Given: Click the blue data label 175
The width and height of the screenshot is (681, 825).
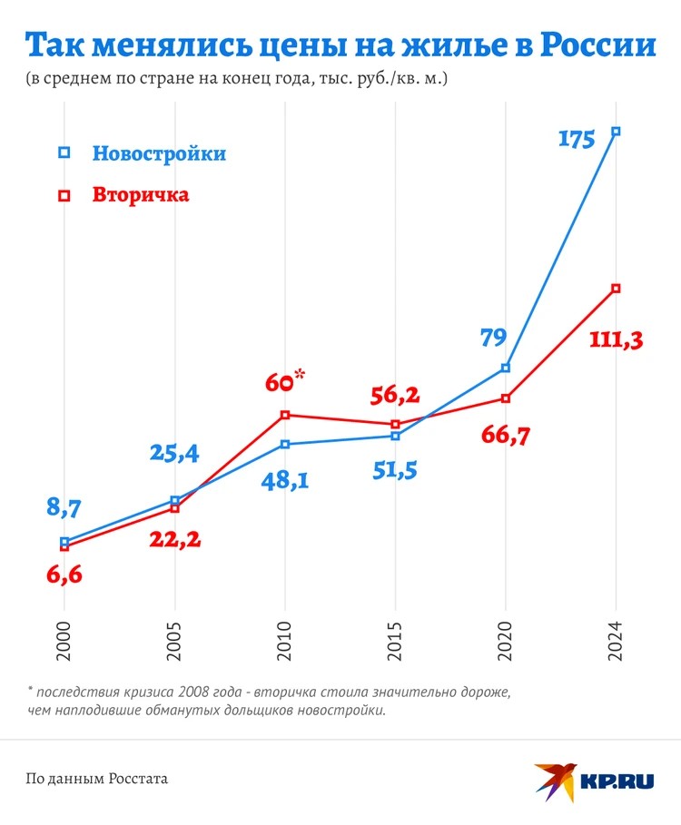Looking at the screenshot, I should coord(577,140).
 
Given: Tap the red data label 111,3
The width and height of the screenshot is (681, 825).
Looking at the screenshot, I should coord(617,340).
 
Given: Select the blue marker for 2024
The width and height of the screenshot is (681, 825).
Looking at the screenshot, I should coord(617,131).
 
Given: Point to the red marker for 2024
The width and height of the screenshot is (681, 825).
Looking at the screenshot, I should coord(617,289).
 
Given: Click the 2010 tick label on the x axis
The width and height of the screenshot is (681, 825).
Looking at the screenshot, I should coord(285,639).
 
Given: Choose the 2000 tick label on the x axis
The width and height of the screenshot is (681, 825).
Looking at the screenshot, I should coord(64,639).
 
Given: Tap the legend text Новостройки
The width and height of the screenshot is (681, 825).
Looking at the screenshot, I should coord(159,153).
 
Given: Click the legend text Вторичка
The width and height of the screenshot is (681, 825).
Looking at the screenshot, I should coord(141,195).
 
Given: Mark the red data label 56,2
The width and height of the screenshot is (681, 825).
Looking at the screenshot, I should coord(395,396).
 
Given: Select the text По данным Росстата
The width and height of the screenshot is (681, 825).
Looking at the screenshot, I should coord(97,779).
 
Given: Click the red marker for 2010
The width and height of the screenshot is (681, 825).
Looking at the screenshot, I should coord(285,415).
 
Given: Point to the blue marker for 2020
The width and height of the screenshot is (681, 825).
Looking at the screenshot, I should coord(506,368).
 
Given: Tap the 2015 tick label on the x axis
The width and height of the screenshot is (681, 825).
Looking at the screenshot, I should coord(396,639).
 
